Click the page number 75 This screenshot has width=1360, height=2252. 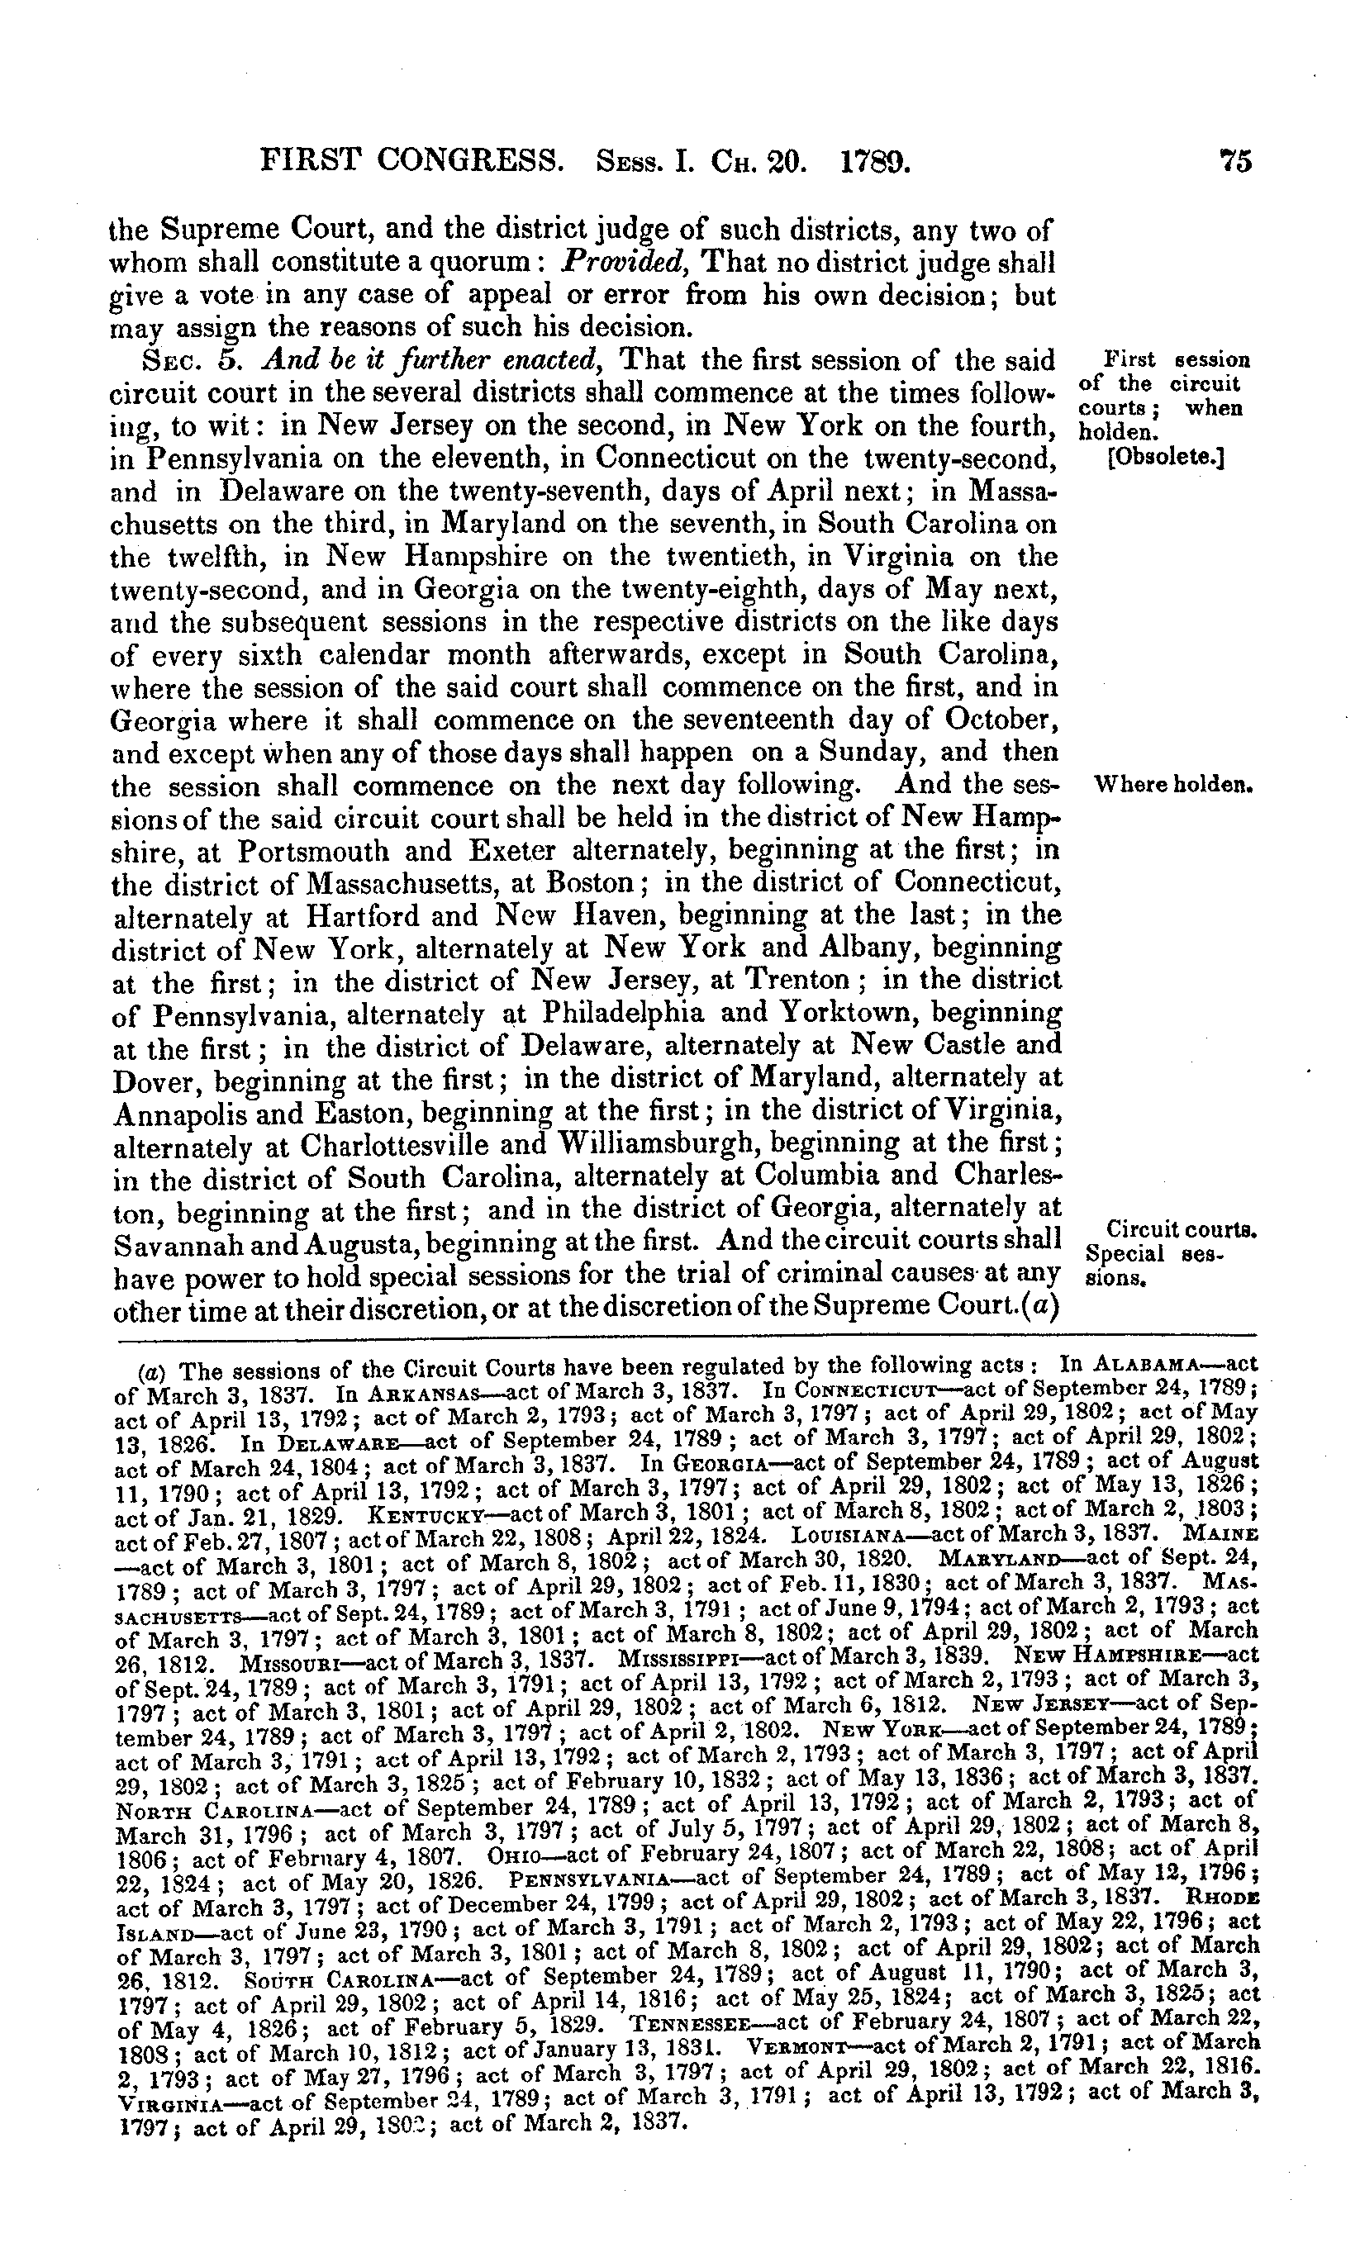(1233, 161)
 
